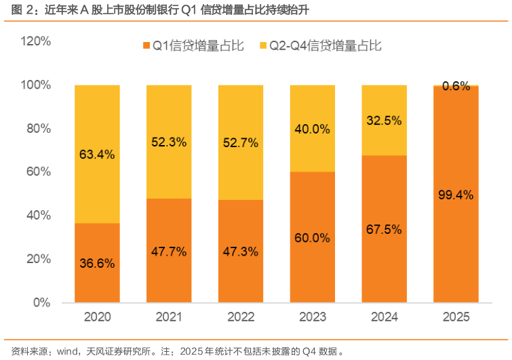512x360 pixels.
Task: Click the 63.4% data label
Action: point(98,154)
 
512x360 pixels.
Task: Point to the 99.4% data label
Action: point(456,195)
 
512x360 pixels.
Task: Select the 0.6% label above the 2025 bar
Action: point(456,86)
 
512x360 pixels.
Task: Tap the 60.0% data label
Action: point(313,238)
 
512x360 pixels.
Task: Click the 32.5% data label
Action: point(385,121)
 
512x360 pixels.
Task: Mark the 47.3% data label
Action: point(241,252)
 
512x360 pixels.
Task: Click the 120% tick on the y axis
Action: point(36,41)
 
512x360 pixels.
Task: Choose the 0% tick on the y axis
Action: point(42,302)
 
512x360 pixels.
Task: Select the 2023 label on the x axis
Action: point(313,317)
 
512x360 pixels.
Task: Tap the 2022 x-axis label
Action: point(241,317)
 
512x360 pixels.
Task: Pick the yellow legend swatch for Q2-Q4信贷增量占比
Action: point(264,45)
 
